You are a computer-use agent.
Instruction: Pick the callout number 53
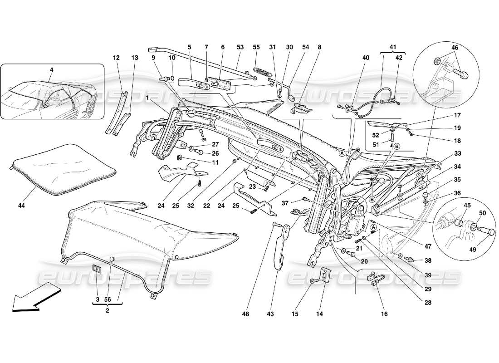tap(240, 47)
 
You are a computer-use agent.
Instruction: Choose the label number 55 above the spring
tap(256, 47)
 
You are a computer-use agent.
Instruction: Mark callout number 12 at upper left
tap(117, 58)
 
